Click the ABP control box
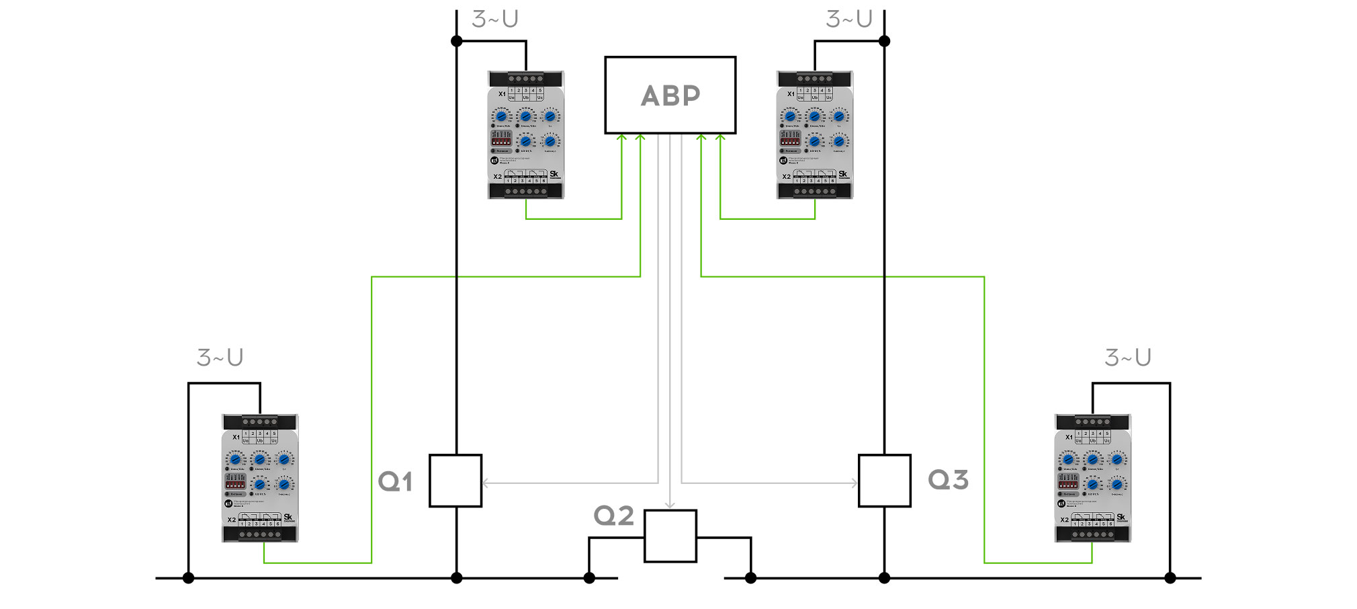670,95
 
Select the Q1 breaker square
455,481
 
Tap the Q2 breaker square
670,536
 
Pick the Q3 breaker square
884,481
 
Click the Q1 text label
395,481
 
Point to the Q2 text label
613,516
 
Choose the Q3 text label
948,480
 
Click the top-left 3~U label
494,19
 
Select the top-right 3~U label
848,19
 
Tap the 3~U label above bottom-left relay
220,358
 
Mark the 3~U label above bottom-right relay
1128,358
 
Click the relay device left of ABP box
525,134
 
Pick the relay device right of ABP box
814,134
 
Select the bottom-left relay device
260,478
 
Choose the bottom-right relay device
1093,478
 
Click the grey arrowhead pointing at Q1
485,483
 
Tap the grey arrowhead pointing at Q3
855,483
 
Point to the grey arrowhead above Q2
670,505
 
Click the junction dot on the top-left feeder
456,41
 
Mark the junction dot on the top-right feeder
884,41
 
